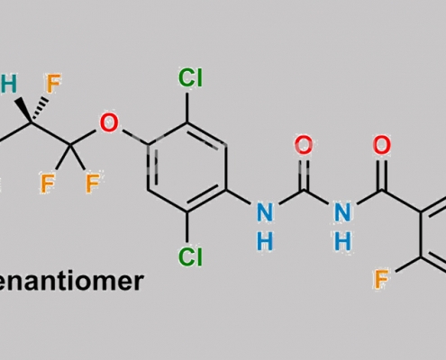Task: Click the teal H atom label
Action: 8,84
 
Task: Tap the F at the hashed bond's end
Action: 53,84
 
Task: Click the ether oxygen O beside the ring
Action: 109,122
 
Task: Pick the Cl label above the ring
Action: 190,77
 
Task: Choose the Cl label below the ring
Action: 190,256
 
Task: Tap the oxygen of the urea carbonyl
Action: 304,145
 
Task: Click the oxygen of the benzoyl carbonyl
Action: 381,145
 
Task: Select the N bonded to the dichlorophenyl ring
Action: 265,212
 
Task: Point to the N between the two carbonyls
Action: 342,212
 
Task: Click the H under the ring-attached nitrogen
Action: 265,241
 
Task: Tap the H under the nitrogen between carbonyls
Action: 342,241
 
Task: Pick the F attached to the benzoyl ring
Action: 381,279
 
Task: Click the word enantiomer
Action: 71,282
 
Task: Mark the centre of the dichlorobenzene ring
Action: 187,167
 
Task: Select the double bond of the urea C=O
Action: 304,175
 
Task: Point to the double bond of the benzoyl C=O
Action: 381,175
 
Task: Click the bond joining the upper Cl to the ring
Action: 187,107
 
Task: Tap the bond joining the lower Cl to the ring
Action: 187,227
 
